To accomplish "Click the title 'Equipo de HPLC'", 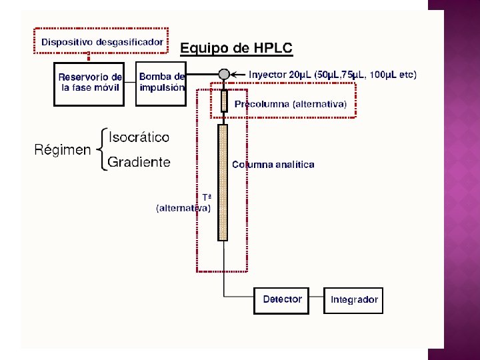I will (236, 48).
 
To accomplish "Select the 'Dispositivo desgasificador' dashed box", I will (101, 42).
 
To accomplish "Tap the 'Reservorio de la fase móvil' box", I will (89, 83).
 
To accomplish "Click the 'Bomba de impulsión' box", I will (161, 83).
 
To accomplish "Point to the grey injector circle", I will (224, 74).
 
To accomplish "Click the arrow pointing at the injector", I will (238, 74).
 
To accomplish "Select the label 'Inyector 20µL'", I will (281, 75).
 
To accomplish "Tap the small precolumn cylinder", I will (224, 101).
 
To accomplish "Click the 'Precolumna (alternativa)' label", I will (290, 105).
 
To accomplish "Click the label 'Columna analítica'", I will (273, 164).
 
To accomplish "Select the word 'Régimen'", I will (63, 150).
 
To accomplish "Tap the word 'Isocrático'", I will (139, 137).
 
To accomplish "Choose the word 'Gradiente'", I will (139, 162).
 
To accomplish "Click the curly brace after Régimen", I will (101, 150).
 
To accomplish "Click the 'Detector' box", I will (282, 299).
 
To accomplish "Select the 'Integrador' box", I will (354, 300).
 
